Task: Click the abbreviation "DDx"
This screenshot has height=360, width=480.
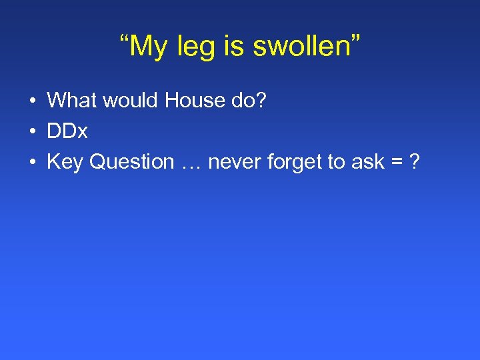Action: click(x=67, y=131)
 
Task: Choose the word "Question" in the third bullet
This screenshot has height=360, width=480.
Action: click(x=131, y=162)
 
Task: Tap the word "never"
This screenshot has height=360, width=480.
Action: click(x=229, y=162)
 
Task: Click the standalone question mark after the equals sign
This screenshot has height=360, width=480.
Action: click(x=415, y=162)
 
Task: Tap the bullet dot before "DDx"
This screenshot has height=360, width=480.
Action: click(x=32, y=132)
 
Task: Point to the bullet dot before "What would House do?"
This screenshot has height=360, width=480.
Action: click(x=32, y=101)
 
